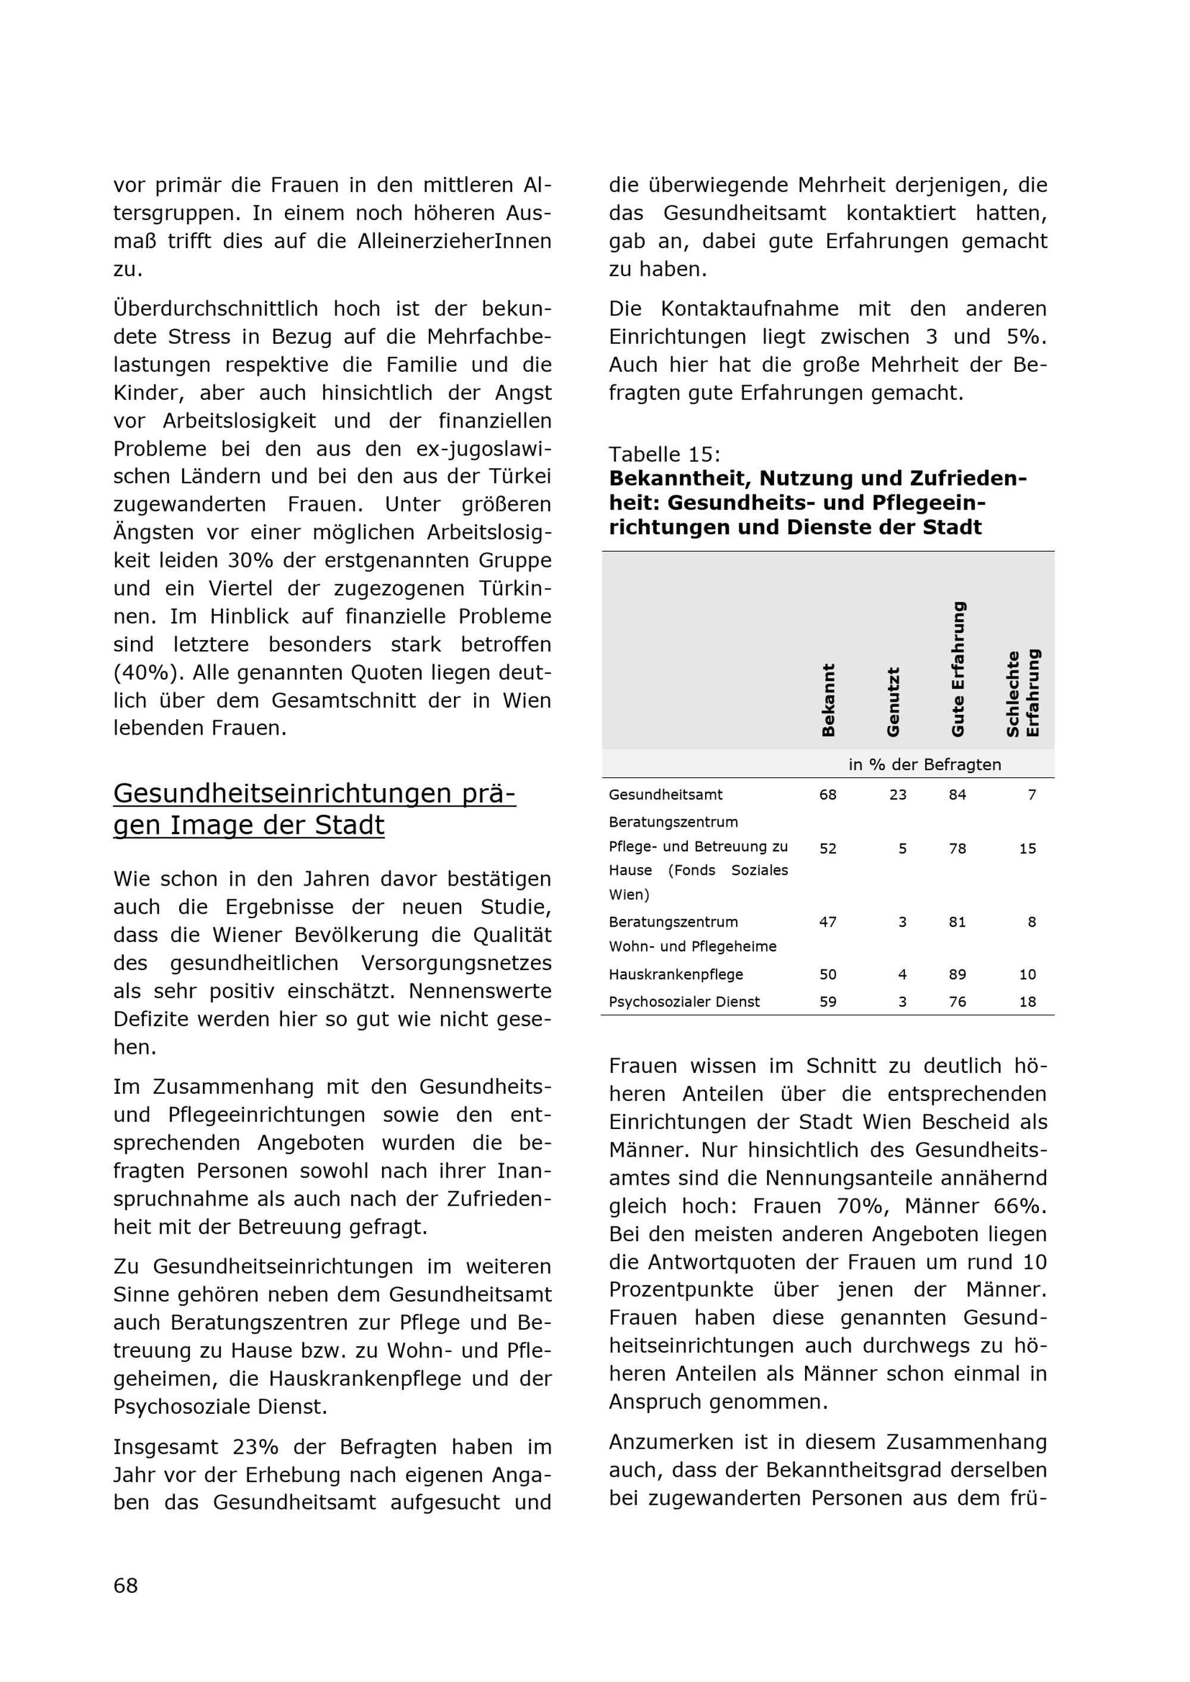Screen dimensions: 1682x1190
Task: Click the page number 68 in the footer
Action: coord(126,1585)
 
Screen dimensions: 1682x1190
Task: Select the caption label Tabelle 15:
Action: coord(665,454)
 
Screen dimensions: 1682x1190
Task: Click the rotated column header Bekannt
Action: coord(828,699)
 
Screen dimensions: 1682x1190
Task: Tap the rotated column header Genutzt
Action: coord(892,702)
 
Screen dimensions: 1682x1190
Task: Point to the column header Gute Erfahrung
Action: coord(958,669)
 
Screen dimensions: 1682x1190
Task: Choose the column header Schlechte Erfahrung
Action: coord(1023,693)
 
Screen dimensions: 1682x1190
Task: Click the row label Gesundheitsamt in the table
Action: coord(665,795)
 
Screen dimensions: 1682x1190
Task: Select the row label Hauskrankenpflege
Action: coord(675,974)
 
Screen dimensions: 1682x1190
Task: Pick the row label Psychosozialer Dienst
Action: coord(684,1002)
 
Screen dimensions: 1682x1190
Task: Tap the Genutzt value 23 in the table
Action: coord(898,795)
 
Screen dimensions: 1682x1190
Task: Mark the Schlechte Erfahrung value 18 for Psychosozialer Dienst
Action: coord(1028,1002)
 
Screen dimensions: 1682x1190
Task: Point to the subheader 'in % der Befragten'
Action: coord(924,765)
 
